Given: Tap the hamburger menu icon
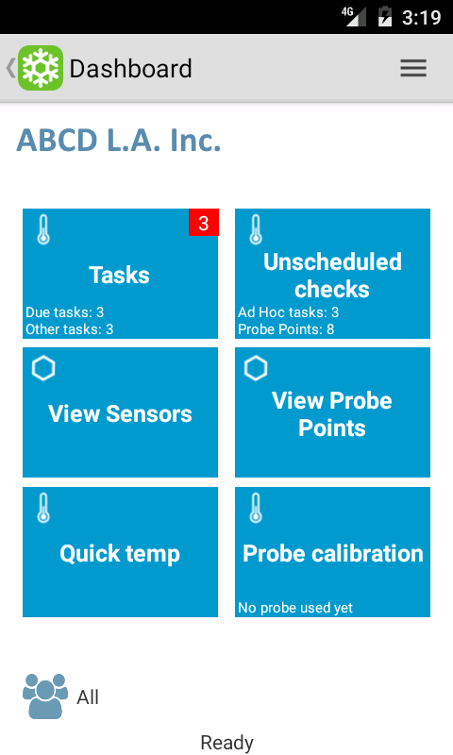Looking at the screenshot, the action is [x=413, y=68].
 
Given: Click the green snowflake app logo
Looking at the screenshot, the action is [x=41, y=68].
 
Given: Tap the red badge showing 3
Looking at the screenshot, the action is [x=204, y=223].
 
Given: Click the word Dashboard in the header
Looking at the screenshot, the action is [x=130, y=68].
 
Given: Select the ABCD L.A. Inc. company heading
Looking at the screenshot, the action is [x=118, y=140].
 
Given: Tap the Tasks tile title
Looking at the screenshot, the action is [x=120, y=275].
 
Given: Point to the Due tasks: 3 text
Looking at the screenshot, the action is [x=64, y=312].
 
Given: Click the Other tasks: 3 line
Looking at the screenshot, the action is [x=69, y=329].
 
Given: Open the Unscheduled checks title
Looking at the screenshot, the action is [x=332, y=276].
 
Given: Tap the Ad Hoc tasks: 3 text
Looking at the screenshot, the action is [x=288, y=312].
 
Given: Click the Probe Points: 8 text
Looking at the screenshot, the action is [x=285, y=329].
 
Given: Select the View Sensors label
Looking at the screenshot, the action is [x=120, y=413].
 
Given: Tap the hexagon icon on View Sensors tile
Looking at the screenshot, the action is [x=43, y=368].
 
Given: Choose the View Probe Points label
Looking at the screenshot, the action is [x=332, y=414].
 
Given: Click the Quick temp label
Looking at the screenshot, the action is [x=120, y=554].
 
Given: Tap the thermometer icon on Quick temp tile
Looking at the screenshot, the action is [x=43, y=508].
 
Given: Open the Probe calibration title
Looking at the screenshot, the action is [x=332, y=553].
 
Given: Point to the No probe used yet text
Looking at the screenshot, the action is [x=295, y=608].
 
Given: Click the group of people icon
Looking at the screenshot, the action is [x=45, y=696].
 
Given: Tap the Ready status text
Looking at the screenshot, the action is [x=226, y=743].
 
